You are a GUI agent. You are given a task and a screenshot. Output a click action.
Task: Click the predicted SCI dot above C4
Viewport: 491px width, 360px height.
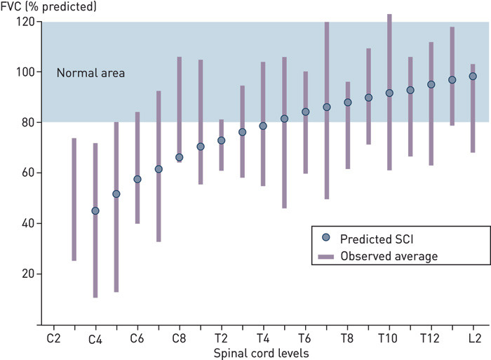(x=95, y=211)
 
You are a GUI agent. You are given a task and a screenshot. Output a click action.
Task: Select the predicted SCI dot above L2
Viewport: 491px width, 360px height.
(x=473, y=76)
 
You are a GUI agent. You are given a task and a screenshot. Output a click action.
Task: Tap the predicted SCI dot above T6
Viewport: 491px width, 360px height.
(x=305, y=112)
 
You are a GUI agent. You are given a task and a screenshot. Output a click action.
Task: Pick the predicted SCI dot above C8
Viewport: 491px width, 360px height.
(x=179, y=157)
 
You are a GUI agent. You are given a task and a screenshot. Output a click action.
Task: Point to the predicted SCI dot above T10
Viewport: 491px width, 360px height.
(x=389, y=93)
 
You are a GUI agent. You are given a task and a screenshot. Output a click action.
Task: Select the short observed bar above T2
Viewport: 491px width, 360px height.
(x=221, y=145)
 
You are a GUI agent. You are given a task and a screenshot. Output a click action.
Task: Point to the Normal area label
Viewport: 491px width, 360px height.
(x=90, y=72)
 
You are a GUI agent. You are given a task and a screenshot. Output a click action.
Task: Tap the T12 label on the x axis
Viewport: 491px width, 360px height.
(x=431, y=338)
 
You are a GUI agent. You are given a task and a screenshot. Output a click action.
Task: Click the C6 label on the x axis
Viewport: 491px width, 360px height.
(x=137, y=338)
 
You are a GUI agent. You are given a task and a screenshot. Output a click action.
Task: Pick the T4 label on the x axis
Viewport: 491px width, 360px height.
(x=262, y=338)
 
